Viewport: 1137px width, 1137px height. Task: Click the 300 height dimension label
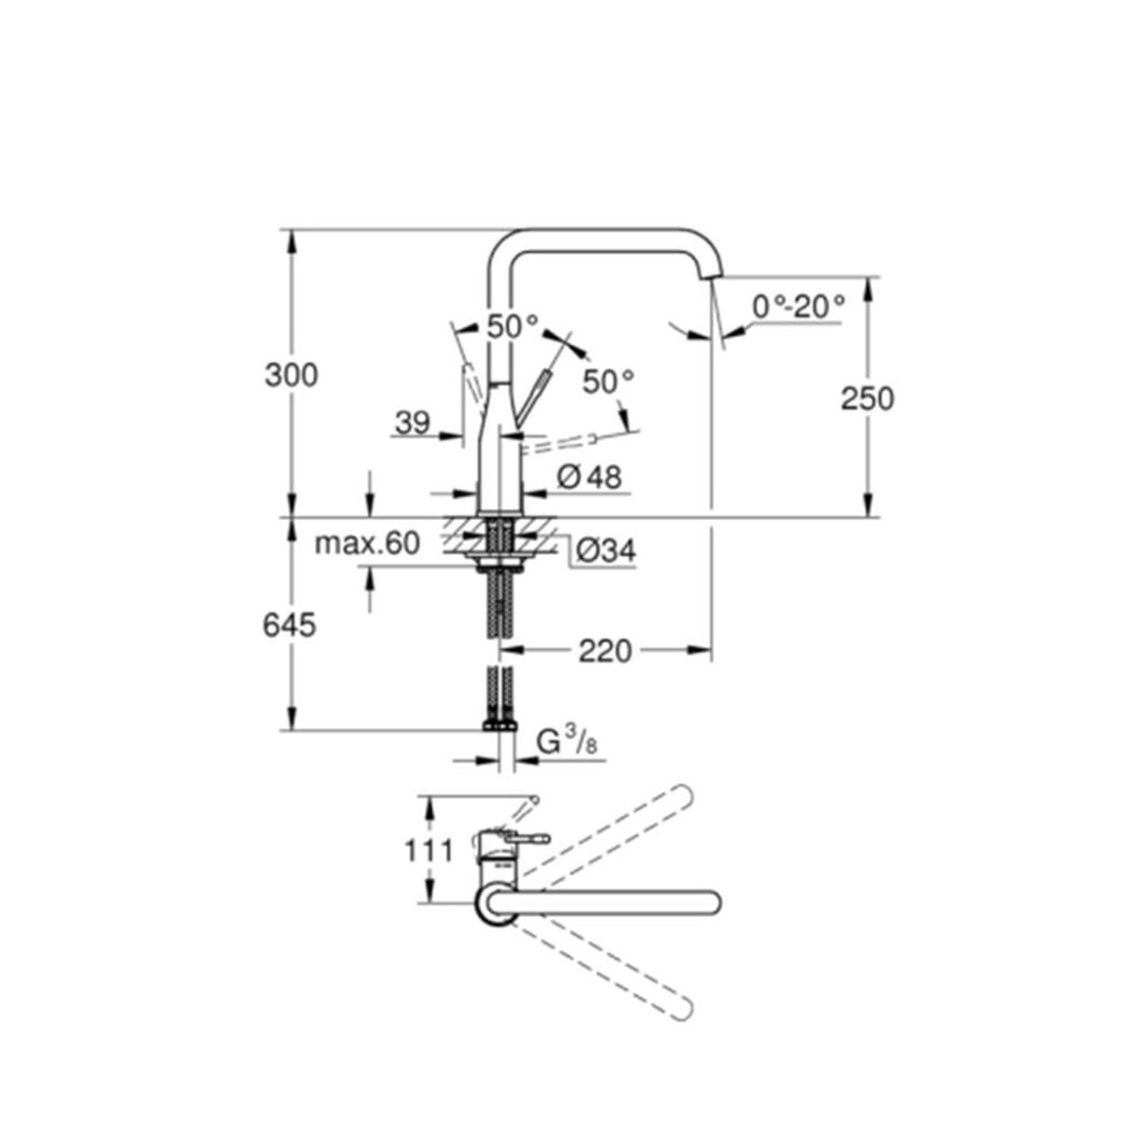pos(291,375)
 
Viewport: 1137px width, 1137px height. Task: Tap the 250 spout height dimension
pos(867,399)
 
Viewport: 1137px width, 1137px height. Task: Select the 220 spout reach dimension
pos(605,651)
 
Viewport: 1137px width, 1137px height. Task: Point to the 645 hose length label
pos(289,625)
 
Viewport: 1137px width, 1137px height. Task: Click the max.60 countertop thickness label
pos(367,544)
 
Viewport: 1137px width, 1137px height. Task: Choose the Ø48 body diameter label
pos(588,477)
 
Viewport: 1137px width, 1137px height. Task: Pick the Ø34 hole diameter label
pos(606,551)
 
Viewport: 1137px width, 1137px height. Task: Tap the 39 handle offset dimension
pos(412,423)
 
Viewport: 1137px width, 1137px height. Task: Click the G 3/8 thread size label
pos(567,744)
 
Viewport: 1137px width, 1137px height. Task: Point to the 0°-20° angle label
pos(799,306)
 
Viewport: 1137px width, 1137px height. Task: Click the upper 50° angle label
pos(513,326)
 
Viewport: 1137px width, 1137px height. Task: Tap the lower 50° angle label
pos(608,382)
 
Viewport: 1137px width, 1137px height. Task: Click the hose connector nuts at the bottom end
pos(500,725)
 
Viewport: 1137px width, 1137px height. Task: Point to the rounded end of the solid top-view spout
pos(715,903)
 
